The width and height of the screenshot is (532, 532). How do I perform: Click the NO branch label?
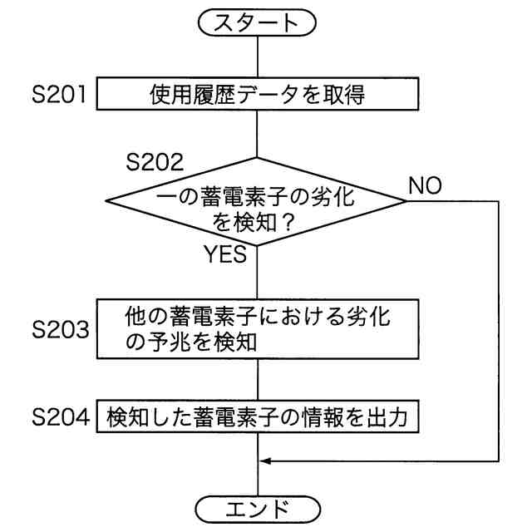(425, 185)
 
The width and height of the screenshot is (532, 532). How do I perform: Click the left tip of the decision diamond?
(106, 202)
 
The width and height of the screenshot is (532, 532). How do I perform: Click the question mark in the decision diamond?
(289, 223)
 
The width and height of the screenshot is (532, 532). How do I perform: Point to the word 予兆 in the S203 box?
(174, 341)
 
